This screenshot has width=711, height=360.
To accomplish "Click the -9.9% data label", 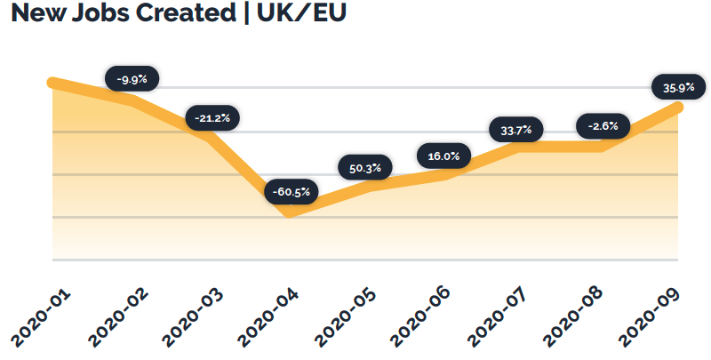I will point(132,79).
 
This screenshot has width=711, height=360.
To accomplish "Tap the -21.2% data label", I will point(212,117).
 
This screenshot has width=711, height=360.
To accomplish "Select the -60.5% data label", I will point(291,191).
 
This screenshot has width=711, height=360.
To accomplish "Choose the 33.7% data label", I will point(516,131).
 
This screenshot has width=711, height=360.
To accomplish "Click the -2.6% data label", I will point(603,126).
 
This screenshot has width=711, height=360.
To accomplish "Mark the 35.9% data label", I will point(679,87).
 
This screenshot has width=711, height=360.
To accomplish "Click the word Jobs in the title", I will point(105,14).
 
